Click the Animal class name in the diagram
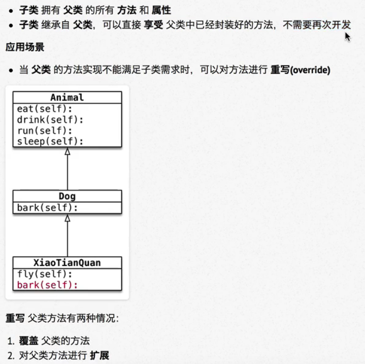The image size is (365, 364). coord(67,98)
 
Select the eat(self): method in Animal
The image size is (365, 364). coord(45,109)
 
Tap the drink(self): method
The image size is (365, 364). coord(50,119)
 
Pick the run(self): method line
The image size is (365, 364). coord(45,130)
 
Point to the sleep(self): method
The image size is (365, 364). coord(50,141)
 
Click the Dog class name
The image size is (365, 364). coord(67,196)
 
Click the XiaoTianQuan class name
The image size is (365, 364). coord(67,263)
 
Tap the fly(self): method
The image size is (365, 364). coord(45,274)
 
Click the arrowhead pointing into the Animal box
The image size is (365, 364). coord(67,151)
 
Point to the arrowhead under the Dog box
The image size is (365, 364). coord(67,218)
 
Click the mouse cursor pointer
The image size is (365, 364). coord(347,36)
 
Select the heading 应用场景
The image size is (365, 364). coord(25,48)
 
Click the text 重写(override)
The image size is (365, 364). coord(300,70)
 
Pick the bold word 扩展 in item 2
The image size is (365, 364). coord(99,355)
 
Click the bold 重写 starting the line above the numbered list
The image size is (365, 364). coord(15,318)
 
